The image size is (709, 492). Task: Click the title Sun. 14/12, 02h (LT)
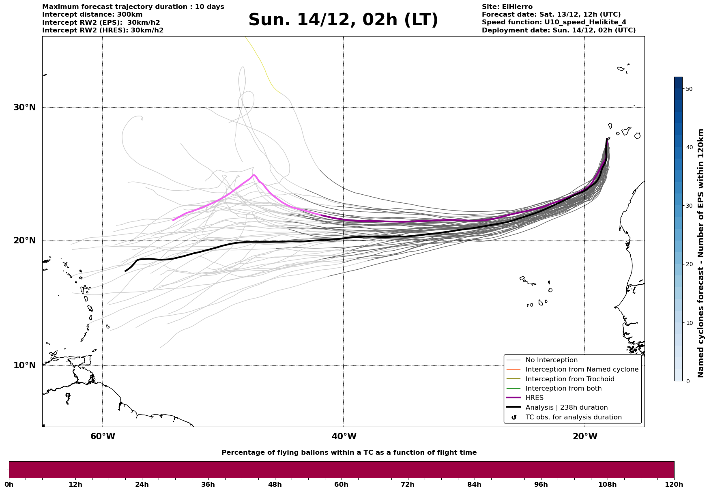(x=343, y=20)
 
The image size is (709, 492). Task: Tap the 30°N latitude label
(x=25, y=107)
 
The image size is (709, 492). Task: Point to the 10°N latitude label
(x=25, y=365)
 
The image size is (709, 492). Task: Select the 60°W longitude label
(x=103, y=436)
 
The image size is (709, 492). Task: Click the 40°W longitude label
(x=344, y=436)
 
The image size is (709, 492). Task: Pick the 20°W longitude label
(x=585, y=436)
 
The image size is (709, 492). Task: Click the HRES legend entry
(x=534, y=398)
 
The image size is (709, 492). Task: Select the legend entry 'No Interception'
(x=551, y=360)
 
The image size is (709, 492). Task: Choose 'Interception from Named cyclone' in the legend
(x=582, y=370)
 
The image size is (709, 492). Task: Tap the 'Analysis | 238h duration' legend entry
(x=566, y=408)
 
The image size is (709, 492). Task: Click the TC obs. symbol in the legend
(x=514, y=417)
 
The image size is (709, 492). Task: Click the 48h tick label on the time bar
(x=275, y=484)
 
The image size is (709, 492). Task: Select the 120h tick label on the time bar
(x=674, y=484)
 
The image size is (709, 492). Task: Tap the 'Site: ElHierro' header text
(x=507, y=7)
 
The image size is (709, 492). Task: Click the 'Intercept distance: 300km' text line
(x=92, y=15)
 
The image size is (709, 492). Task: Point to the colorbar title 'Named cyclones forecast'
(x=701, y=253)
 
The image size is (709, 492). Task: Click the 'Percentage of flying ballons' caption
(x=349, y=453)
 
